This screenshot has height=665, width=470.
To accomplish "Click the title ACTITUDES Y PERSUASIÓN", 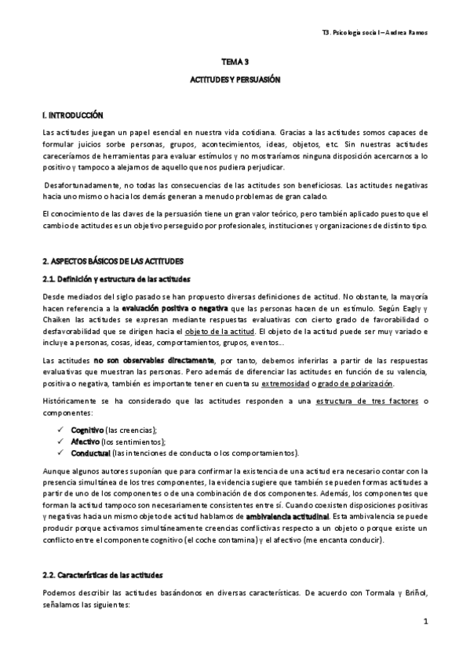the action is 235,80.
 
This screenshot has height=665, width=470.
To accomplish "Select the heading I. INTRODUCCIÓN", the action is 73,115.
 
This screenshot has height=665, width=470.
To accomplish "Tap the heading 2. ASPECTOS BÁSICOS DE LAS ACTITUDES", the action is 112,260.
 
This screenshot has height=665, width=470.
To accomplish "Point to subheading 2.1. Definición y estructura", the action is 115,280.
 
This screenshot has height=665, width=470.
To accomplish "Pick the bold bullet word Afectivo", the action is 84,442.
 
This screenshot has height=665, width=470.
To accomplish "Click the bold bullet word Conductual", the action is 90,452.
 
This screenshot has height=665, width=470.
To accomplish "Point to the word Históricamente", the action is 75,401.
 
